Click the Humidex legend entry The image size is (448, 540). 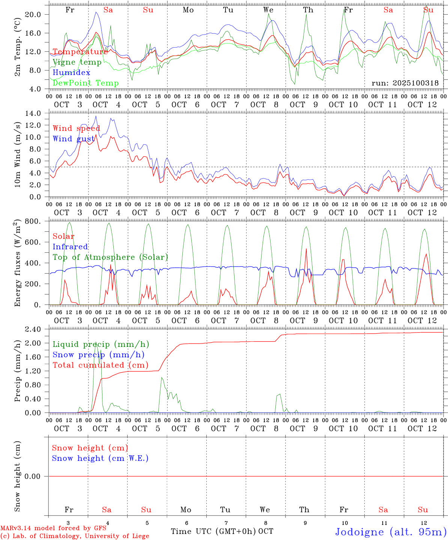click(x=71, y=73)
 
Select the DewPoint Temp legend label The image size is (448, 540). click(x=86, y=83)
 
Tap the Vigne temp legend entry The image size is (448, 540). click(x=77, y=62)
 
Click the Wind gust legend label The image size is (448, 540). click(x=74, y=139)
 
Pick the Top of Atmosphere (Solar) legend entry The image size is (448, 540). click(x=110, y=257)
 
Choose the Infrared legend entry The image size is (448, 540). click(x=70, y=247)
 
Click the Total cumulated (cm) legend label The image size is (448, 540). click(x=100, y=365)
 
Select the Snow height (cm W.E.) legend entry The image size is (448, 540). click(x=100, y=458)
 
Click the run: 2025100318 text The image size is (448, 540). click(x=405, y=83)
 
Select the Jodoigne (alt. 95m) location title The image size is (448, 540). click(x=391, y=532)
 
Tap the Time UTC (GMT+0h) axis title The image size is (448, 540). click(x=213, y=531)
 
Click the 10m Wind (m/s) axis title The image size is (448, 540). click(x=18, y=154)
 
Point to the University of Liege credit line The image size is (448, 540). click(x=75, y=536)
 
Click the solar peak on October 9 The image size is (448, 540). click(x=306, y=249)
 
